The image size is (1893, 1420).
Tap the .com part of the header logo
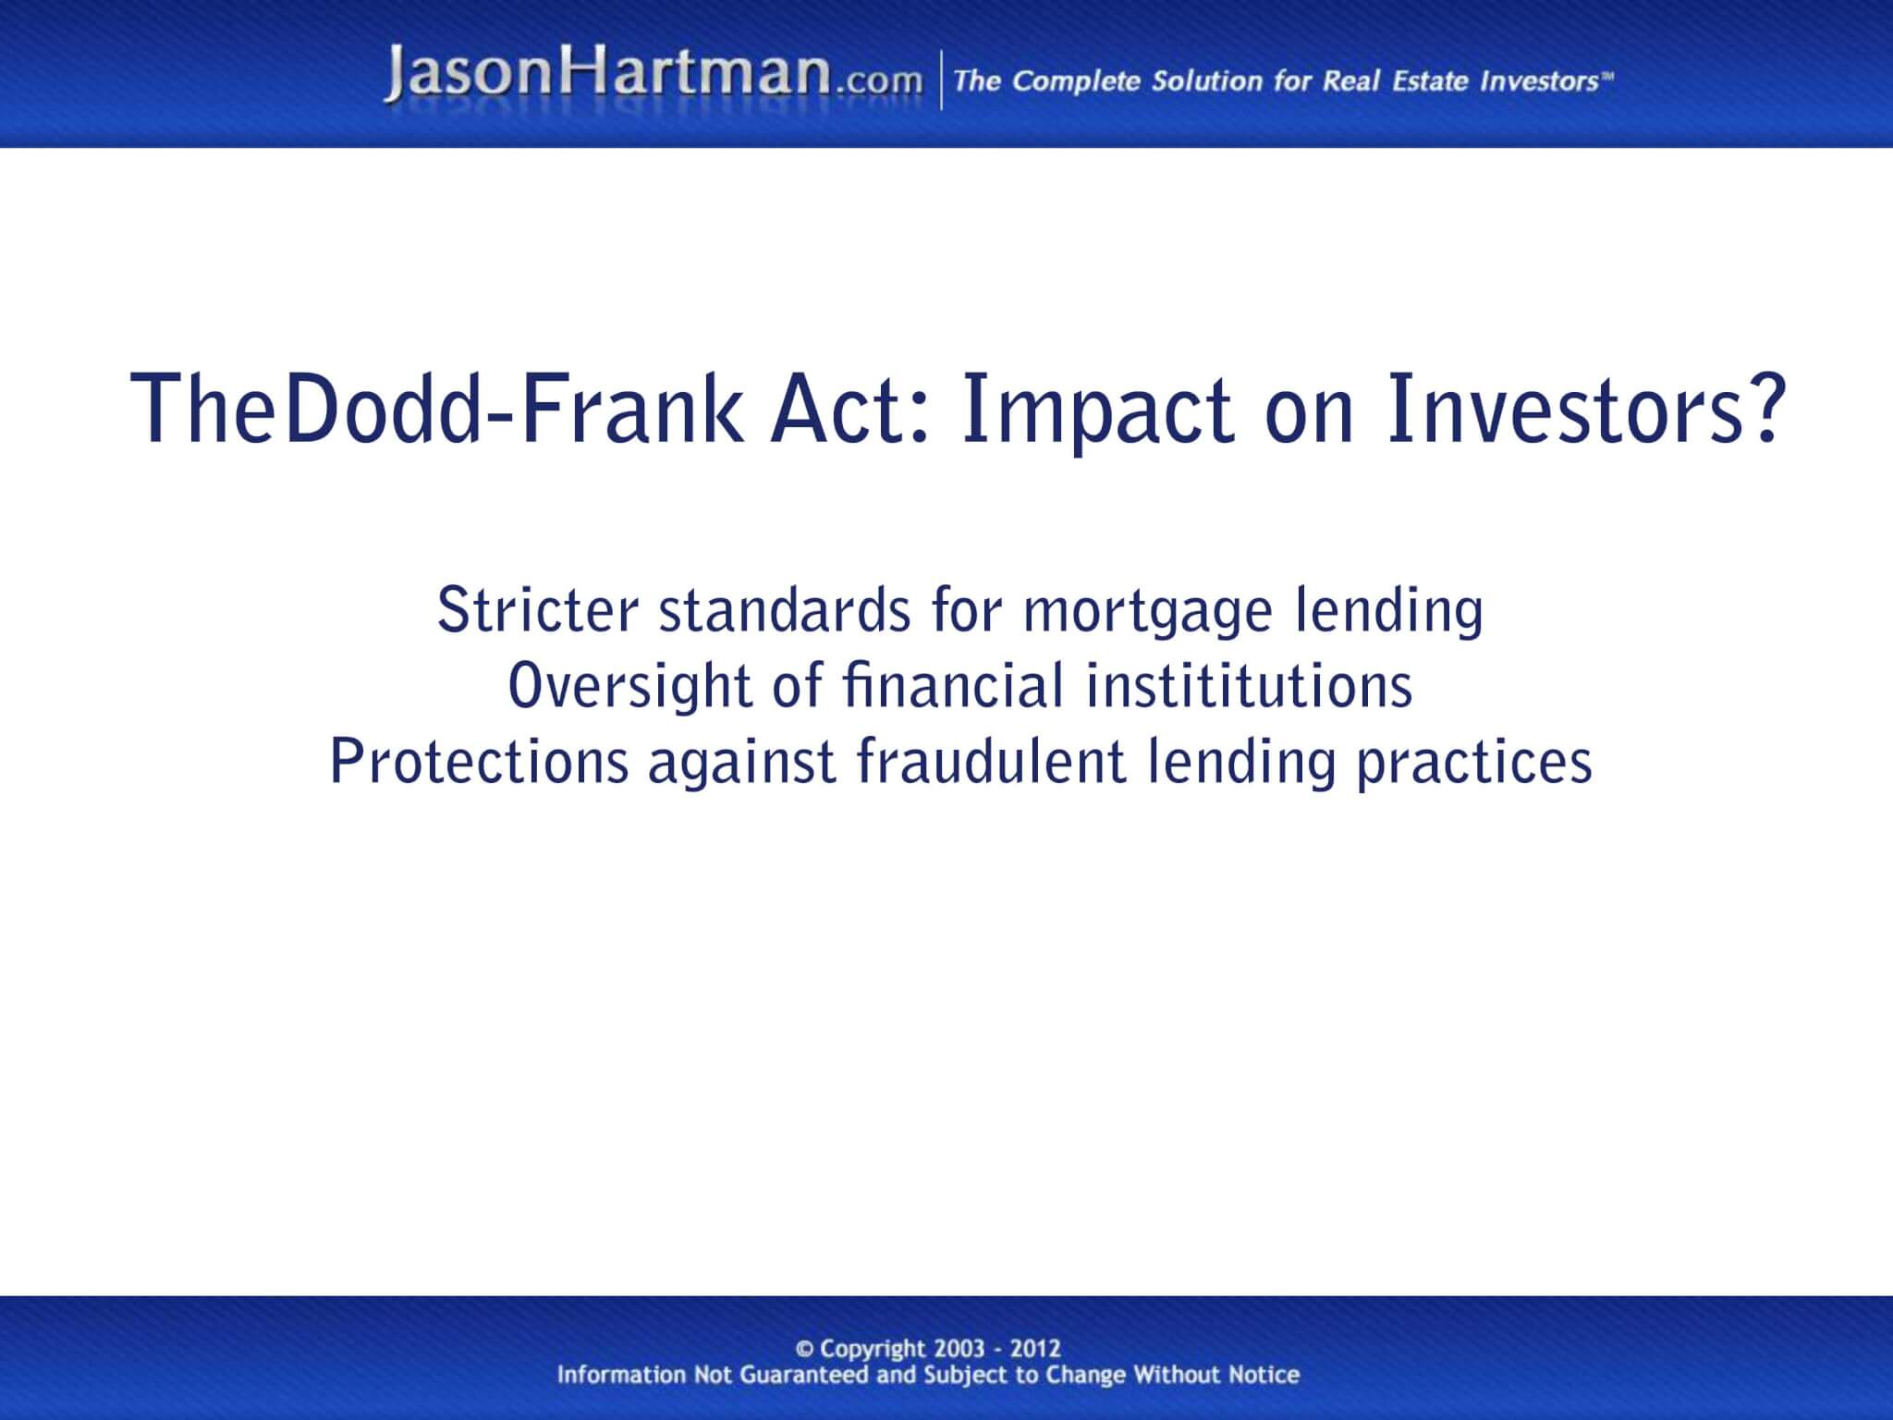pyautogui.click(x=878, y=81)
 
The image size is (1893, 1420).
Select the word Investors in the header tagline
pyautogui.click(x=1539, y=81)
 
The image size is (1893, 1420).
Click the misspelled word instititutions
pyautogui.click(x=1249, y=686)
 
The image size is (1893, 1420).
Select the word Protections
pyautogui.click(x=480, y=762)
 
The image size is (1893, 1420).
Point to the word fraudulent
pyautogui.click(x=990, y=762)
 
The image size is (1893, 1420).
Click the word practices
pyautogui.click(x=1474, y=764)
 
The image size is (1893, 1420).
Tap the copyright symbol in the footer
pyautogui.click(x=805, y=1349)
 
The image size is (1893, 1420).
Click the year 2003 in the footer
pyautogui.click(x=959, y=1349)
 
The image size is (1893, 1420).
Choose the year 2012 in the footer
pyautogui.click(x=1035, y=1349)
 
